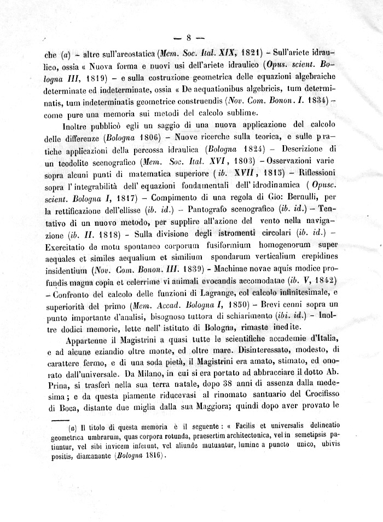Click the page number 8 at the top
click(x=188, y=38)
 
